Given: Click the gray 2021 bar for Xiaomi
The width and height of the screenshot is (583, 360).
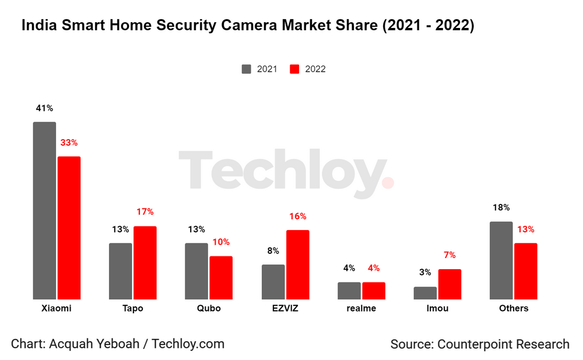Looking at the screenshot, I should point(44,211).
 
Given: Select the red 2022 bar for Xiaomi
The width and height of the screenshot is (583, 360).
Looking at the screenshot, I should point(69,228).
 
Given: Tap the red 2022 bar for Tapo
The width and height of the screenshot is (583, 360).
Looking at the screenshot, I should point(145,263).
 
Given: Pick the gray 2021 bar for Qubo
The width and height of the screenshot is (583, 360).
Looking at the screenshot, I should point(196,271).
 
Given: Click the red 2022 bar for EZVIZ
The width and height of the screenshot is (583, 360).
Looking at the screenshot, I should point(297,264).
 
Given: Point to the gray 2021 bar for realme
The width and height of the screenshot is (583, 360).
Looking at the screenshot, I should point(349,291).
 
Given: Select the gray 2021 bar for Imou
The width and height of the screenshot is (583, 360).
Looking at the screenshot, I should point(425,293).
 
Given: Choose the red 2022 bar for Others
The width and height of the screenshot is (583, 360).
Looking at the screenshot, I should point(525,271).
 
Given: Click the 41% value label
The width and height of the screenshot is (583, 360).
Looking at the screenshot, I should point(44,108).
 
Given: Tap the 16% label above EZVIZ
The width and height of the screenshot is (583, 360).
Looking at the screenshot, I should point(297,216).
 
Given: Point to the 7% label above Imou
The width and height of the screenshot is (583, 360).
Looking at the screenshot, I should point(449,255).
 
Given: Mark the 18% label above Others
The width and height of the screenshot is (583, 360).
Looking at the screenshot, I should point(501,207).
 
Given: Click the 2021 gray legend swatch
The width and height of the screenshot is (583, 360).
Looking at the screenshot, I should point(247,69).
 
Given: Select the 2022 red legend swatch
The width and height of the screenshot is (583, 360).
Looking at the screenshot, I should point(295,69).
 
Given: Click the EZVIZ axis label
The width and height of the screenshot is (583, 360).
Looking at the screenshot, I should point(285,308).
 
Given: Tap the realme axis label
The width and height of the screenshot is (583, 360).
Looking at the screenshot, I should point(361,308).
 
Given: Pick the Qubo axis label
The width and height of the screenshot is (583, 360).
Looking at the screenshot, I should point(209,308).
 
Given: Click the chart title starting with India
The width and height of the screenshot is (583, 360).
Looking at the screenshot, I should point(248,26).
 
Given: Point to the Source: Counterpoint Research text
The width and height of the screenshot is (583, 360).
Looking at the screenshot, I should point(479,344).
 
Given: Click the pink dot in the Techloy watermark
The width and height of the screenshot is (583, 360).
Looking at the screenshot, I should point(388,183).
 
